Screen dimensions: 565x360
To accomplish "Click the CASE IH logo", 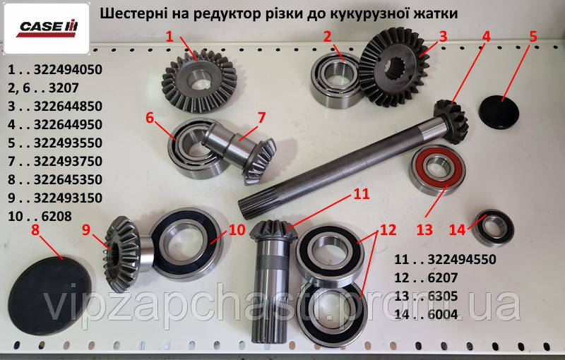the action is pyautogui.click(x=47, y=28).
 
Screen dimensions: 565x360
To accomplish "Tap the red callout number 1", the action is pyautogui.click(x=169, y=37).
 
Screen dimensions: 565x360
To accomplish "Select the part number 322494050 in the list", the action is pyautogui.click(x=68, y=69).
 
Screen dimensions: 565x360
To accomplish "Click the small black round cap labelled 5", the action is pyautogui.click(x=499, y=112).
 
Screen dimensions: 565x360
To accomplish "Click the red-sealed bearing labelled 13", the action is pyautogui.click(x=438, y=169).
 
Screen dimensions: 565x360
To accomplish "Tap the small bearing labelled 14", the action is pyautogui.click(x=493, y=228).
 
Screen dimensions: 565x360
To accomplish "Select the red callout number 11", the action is pyautogui.click(x=362, y=193).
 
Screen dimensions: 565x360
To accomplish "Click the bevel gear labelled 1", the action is pyautogui.click(x=199, y=85).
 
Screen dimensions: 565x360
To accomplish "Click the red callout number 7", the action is pyautogui.click(x=261, y=117).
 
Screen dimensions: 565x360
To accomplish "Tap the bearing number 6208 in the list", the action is pyautogui.click(x=56, y=217).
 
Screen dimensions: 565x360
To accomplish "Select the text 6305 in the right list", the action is pyautogui.click(x=443, y=296).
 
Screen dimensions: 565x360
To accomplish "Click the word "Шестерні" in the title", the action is pyautogui.click(x=133, y=13).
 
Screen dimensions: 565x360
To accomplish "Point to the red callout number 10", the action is pyautogui.click(x=237, y=229).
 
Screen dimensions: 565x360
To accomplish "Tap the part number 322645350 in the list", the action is pyautogui.click(x=68, y=179).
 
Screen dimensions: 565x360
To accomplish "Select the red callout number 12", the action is pyautogui.click(x=388, y=230).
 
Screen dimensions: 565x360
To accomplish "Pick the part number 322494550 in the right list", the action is pyautogui.click(x=462, y=260).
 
